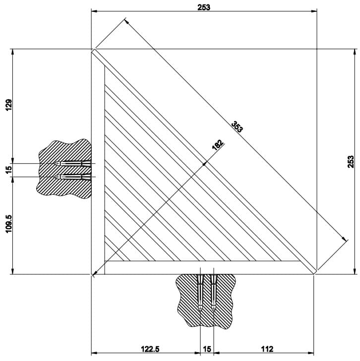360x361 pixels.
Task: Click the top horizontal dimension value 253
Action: coord(204,7)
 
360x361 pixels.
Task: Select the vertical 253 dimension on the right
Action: coord(351,162)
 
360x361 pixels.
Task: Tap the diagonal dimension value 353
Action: coord(237,127)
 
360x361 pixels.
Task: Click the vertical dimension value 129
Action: coord(8,105)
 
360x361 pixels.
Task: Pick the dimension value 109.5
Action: coord(8,224)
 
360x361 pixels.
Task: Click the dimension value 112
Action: coord(267,349)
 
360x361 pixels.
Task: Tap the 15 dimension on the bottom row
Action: coord(207,349)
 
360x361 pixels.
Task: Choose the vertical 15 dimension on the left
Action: coord(8,170)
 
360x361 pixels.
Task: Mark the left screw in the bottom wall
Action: coord(200,292)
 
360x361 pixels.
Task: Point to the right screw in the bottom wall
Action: coord(214,292)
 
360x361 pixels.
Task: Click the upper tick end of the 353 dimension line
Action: coord(126,20)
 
